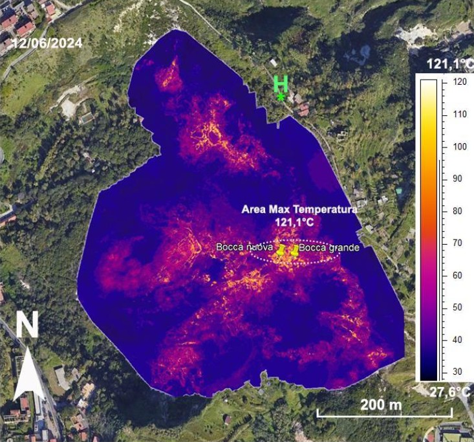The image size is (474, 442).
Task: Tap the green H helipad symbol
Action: [281, 84]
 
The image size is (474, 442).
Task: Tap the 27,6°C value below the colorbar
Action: [450, 392]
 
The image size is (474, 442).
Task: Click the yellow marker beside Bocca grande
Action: [294, 250]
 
